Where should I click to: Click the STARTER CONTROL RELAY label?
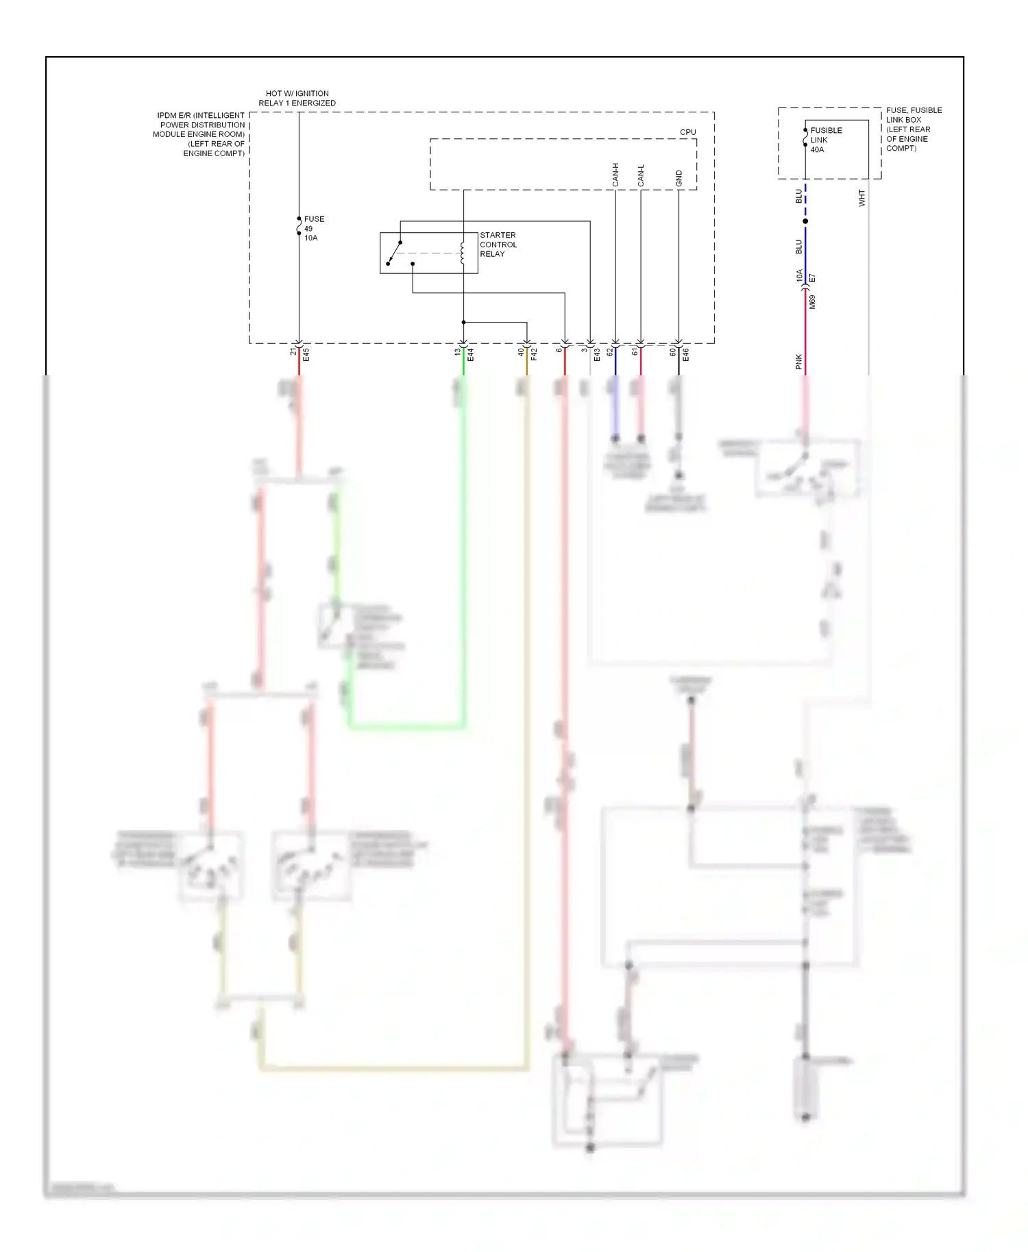498,245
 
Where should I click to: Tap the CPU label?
687,132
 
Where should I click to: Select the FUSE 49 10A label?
313,229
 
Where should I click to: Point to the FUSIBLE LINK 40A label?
826,140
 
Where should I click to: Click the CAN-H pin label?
615,175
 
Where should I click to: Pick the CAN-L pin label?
641,175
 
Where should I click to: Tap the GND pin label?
678,178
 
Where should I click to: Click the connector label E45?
306,355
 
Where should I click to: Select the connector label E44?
470,355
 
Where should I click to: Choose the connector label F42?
534,355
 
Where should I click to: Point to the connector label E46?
685,355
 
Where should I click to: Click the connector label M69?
812,302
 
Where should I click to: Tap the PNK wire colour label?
798,362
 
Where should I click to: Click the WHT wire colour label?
861,198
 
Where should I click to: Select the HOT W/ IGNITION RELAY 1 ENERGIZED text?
297,98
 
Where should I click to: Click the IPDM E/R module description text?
200,134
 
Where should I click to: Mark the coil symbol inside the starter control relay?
463,253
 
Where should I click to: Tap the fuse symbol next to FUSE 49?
299,227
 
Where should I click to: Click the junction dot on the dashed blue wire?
805,221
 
